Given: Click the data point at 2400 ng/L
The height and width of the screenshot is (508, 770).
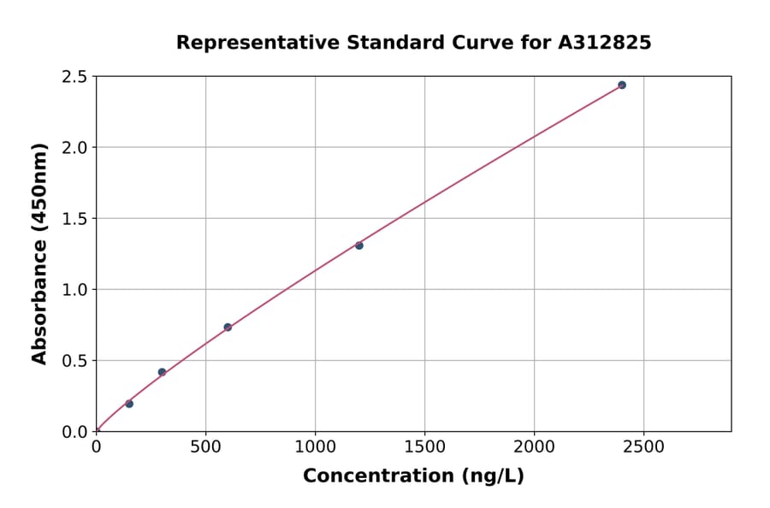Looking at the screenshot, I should [x=622, y=85].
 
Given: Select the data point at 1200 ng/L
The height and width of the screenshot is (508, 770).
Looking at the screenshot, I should [x=359, y=245].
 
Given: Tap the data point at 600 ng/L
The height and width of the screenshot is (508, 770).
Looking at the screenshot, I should [x=228, y=327].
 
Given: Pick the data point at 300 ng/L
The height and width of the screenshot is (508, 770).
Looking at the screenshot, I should [x=162, y=372].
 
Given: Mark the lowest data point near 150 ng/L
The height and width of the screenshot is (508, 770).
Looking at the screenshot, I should [x=129, y=404].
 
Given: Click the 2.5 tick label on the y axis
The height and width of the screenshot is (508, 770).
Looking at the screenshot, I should [x=74, y=77].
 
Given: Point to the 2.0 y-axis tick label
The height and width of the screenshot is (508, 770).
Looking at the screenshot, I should [x=74, y=148].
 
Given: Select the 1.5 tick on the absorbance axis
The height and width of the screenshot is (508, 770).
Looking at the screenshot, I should [x=74, y=219].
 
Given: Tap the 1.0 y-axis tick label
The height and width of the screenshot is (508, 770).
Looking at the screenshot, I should [x=74, y=290].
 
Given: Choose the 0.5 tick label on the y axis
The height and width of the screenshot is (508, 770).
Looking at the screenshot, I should [x=74, y=361].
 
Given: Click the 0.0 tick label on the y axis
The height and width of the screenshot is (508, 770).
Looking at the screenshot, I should [x=74, y=432].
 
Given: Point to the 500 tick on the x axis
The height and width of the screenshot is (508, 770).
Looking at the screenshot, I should [x=205, y=447].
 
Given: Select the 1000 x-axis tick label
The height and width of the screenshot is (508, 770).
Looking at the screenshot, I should [x=315, y=447].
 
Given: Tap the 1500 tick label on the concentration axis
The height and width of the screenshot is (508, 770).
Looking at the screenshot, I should [x=424, y=447].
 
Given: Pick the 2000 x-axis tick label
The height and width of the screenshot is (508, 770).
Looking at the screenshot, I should [x=534, y=447].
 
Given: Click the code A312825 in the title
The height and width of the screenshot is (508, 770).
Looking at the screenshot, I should [x=604, y=43].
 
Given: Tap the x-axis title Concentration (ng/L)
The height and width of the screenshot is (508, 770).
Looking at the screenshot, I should [x=413, y=476].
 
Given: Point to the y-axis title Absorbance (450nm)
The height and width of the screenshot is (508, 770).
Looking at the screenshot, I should [x=39, y=253].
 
